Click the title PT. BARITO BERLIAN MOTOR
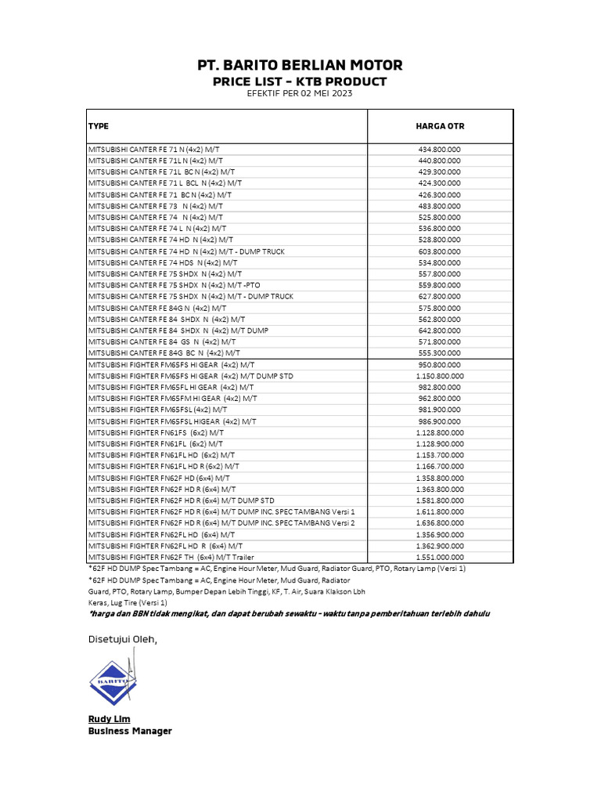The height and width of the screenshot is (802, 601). pos(300,65)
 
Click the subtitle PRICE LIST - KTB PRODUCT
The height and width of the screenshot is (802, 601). pos(300,81)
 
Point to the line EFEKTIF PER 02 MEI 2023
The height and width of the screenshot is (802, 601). pos(300,94)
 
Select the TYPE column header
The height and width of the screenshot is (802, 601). pos(99,126)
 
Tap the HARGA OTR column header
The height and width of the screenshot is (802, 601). pos(440,126)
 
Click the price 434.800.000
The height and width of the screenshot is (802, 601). pos(440,149)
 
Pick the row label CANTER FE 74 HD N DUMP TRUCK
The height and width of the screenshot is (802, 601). pos(186,251)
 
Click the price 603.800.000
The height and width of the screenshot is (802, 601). pos(440,251)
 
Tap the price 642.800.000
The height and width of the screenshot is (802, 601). pos(440,331)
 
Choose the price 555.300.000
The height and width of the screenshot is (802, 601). pos(440,353)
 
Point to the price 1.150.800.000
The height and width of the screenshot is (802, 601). pos(440,376)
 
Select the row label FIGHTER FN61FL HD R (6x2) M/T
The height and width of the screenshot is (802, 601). pos(164,466)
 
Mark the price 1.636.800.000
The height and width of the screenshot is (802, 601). pos(440,522)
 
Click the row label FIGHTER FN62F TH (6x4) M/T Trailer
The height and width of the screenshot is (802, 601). pos(171,557)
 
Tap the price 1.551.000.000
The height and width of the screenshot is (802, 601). pos(440,557)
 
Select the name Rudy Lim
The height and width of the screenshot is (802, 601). pos(109,719)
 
